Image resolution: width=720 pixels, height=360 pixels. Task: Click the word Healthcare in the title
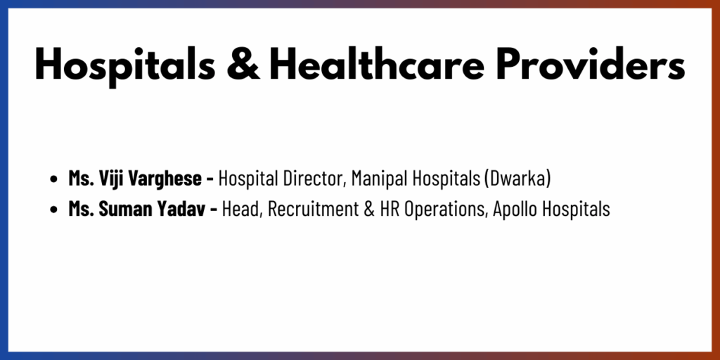378,64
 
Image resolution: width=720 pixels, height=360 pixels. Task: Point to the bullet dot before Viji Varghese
53,179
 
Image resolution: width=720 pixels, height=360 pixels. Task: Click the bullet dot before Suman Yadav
53,210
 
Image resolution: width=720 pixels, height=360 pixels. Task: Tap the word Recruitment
313,209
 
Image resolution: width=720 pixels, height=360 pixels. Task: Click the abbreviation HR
387,209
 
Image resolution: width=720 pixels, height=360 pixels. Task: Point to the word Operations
444,210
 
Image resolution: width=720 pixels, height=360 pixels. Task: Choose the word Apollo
514,210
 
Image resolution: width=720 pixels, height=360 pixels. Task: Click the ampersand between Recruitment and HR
368,209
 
